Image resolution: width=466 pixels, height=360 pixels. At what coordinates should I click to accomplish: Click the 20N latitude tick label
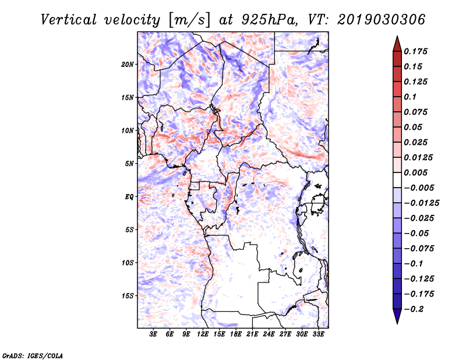128,65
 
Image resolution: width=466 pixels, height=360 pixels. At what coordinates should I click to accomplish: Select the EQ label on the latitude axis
129,197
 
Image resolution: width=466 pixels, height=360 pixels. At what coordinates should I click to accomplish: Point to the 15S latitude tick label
128,296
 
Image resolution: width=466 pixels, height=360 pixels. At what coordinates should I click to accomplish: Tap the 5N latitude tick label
129,164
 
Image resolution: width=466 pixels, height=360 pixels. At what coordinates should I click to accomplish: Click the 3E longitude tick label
153,334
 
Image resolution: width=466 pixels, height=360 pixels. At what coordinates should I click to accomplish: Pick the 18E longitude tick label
235,334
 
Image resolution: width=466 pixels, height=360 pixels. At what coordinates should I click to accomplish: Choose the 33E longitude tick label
318,334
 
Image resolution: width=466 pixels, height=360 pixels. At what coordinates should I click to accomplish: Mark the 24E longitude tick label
269,334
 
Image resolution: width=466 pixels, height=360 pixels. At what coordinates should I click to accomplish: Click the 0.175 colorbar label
415,51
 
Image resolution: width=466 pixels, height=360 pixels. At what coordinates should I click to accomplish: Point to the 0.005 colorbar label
415,172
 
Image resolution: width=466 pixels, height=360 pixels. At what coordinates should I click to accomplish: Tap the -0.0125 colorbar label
421,203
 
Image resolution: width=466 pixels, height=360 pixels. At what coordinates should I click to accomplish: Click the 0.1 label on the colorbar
410,97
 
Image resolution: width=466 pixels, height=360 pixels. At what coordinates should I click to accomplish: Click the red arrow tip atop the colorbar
397,36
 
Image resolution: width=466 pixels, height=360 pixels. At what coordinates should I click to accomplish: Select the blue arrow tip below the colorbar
397,323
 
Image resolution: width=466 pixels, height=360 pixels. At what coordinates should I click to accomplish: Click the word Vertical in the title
69,20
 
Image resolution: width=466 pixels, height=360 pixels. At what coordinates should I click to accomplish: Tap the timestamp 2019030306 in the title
381,20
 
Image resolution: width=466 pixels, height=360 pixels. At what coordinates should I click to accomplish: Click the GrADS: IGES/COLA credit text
33,355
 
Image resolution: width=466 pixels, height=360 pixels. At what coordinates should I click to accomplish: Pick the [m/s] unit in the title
189,20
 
